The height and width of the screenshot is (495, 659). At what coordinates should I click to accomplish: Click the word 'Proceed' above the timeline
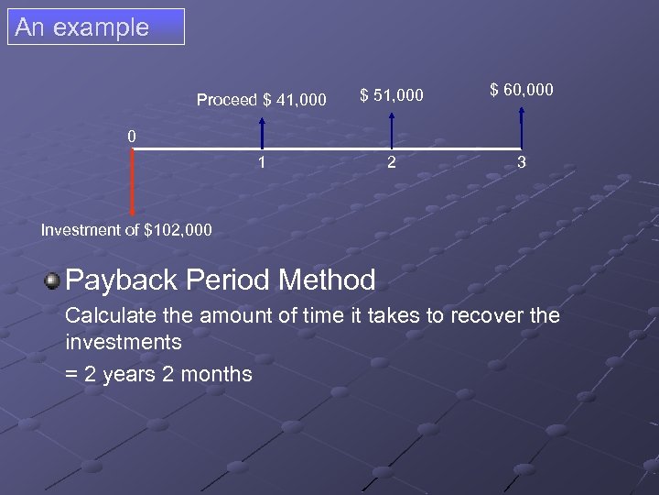coord(227,100)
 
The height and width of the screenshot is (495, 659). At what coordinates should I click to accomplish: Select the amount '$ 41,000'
coord(295,100)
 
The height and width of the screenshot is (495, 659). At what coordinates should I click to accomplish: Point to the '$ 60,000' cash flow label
coord(522,89)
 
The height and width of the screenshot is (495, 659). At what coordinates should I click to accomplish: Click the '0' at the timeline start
coord(132,137)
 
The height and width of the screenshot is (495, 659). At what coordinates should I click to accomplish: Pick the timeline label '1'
coord(262,163)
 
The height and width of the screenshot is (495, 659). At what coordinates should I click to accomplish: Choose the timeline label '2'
coord(392,163)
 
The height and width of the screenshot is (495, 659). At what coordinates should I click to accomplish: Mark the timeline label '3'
coord(522,163)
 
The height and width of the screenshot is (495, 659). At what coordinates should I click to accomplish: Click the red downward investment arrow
coord(133,183)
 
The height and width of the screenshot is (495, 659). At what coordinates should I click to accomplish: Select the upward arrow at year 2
coord(392,129)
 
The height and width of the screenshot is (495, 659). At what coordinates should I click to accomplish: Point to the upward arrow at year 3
coord(522,126)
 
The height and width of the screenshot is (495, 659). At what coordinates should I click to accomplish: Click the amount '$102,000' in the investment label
coord(178,230)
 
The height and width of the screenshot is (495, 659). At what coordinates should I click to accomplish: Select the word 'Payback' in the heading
coord(115,280)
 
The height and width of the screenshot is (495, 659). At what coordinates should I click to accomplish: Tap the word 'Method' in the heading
coord(329,280)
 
